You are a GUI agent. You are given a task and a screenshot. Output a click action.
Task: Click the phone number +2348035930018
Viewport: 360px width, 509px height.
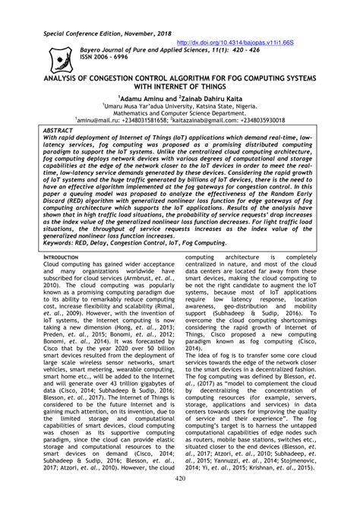coord(257,120)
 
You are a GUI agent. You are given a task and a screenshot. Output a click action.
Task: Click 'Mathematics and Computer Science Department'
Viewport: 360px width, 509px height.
coord(180,113)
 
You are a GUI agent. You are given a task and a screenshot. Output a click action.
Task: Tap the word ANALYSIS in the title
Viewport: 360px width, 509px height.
coord(54,77)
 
